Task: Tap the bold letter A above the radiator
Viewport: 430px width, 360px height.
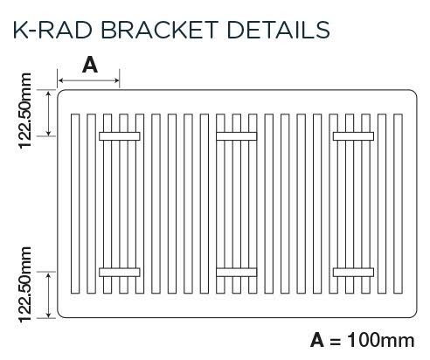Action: coord(89,64)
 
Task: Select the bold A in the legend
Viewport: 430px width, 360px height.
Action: coord(317,339)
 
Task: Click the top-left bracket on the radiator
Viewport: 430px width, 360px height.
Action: coord(120,135)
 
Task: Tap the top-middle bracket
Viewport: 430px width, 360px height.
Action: coord(236,135)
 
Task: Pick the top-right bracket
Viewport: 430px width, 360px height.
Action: coord(352,135)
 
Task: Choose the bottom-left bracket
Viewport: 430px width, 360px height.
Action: coord(120,272)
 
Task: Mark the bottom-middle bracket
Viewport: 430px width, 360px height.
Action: coord(236,272)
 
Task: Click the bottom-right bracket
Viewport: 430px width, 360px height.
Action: coord(352,272)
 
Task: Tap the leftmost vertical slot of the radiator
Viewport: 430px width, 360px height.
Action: coord(73,203)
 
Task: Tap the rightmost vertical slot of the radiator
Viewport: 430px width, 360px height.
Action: coord(398,203)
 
